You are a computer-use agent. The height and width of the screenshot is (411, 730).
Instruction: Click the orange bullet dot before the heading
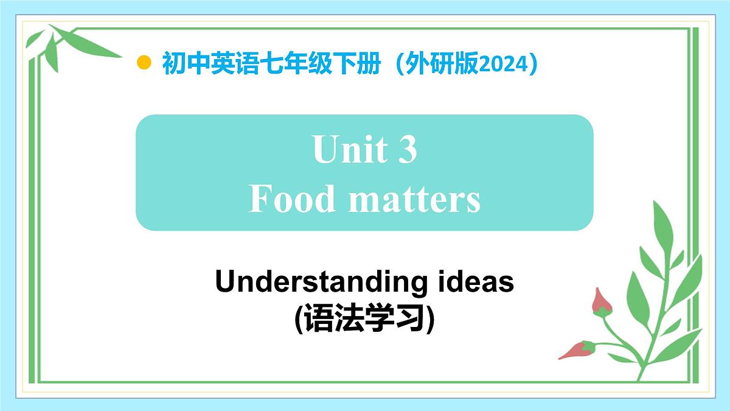point(144,63)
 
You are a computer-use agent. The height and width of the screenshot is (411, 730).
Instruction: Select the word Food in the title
point(292,198)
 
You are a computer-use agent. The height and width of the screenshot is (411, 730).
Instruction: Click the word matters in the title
point(414,198)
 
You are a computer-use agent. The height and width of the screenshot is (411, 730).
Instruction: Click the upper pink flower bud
point(602,301)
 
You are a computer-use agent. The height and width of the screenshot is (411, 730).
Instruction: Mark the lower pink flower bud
point(577,350)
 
